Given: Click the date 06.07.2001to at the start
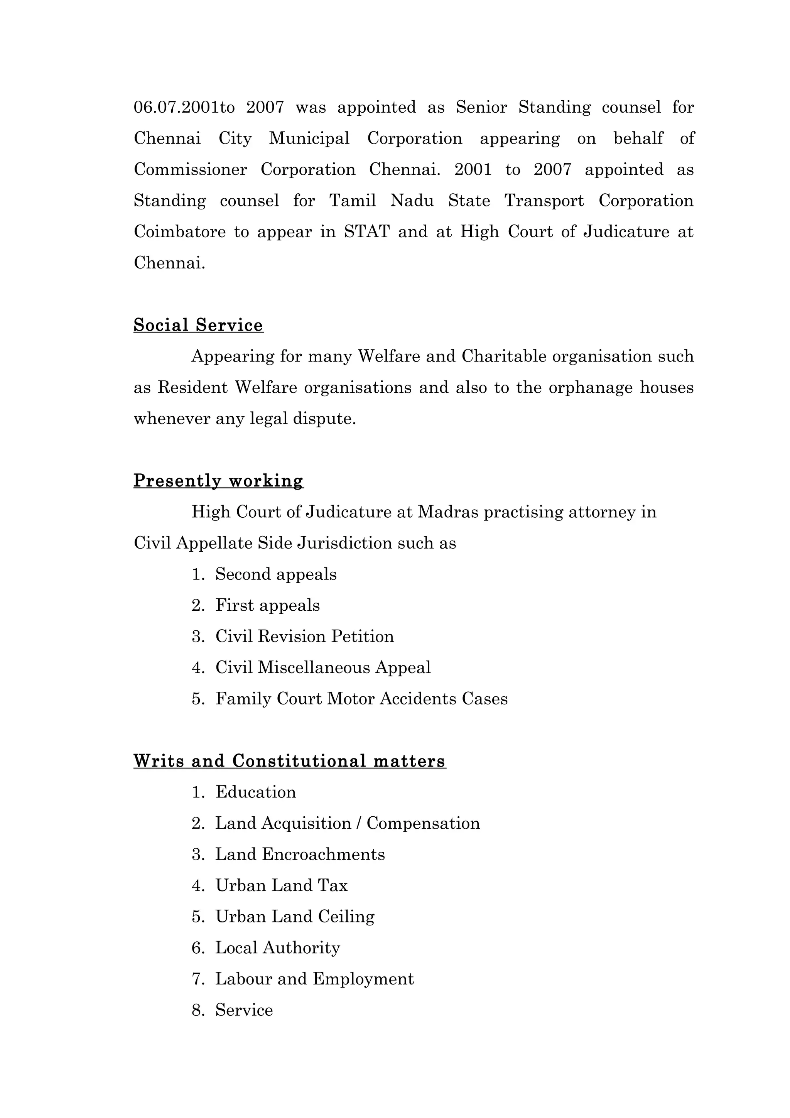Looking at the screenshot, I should pos(184,107).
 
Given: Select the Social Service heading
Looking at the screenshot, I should pos(198,325).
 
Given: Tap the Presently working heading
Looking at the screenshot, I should pos(218,481).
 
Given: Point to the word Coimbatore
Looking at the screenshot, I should pos(180,232).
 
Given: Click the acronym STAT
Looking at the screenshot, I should pos(366,232).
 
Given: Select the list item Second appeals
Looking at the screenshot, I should pos(275,574).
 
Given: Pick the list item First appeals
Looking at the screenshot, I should pos(267,605).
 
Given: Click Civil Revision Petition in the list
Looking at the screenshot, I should pos(304,637).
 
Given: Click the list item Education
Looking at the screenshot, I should pos(255,792).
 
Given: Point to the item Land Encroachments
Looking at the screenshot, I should pos(300,855).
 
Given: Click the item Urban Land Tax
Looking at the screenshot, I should pos(281,886).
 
